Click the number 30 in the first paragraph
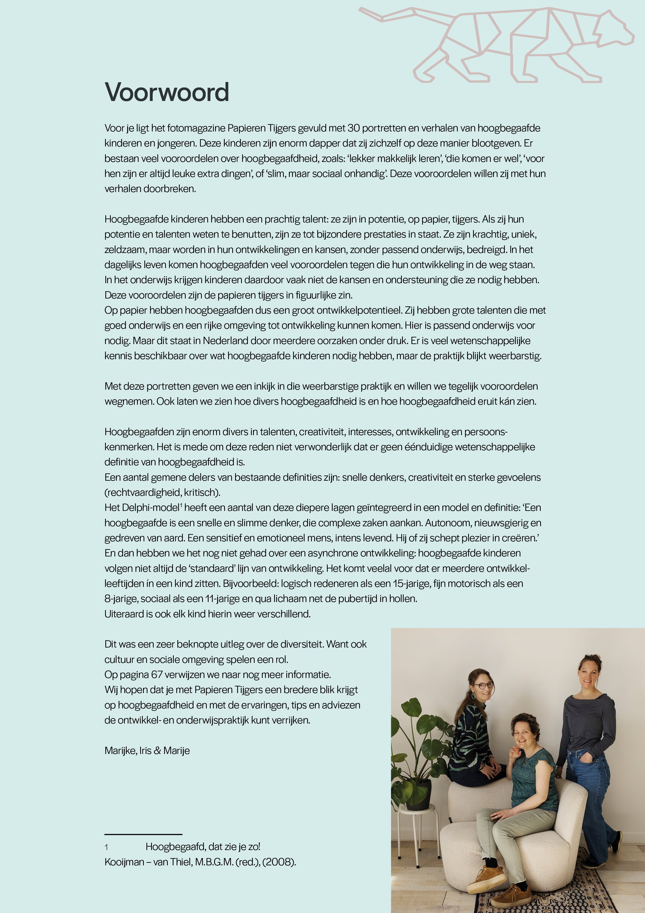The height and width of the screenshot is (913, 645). coord(353,128)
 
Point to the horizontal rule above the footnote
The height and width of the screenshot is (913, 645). coord(143,834)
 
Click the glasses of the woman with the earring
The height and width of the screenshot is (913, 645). coord(483,686)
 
